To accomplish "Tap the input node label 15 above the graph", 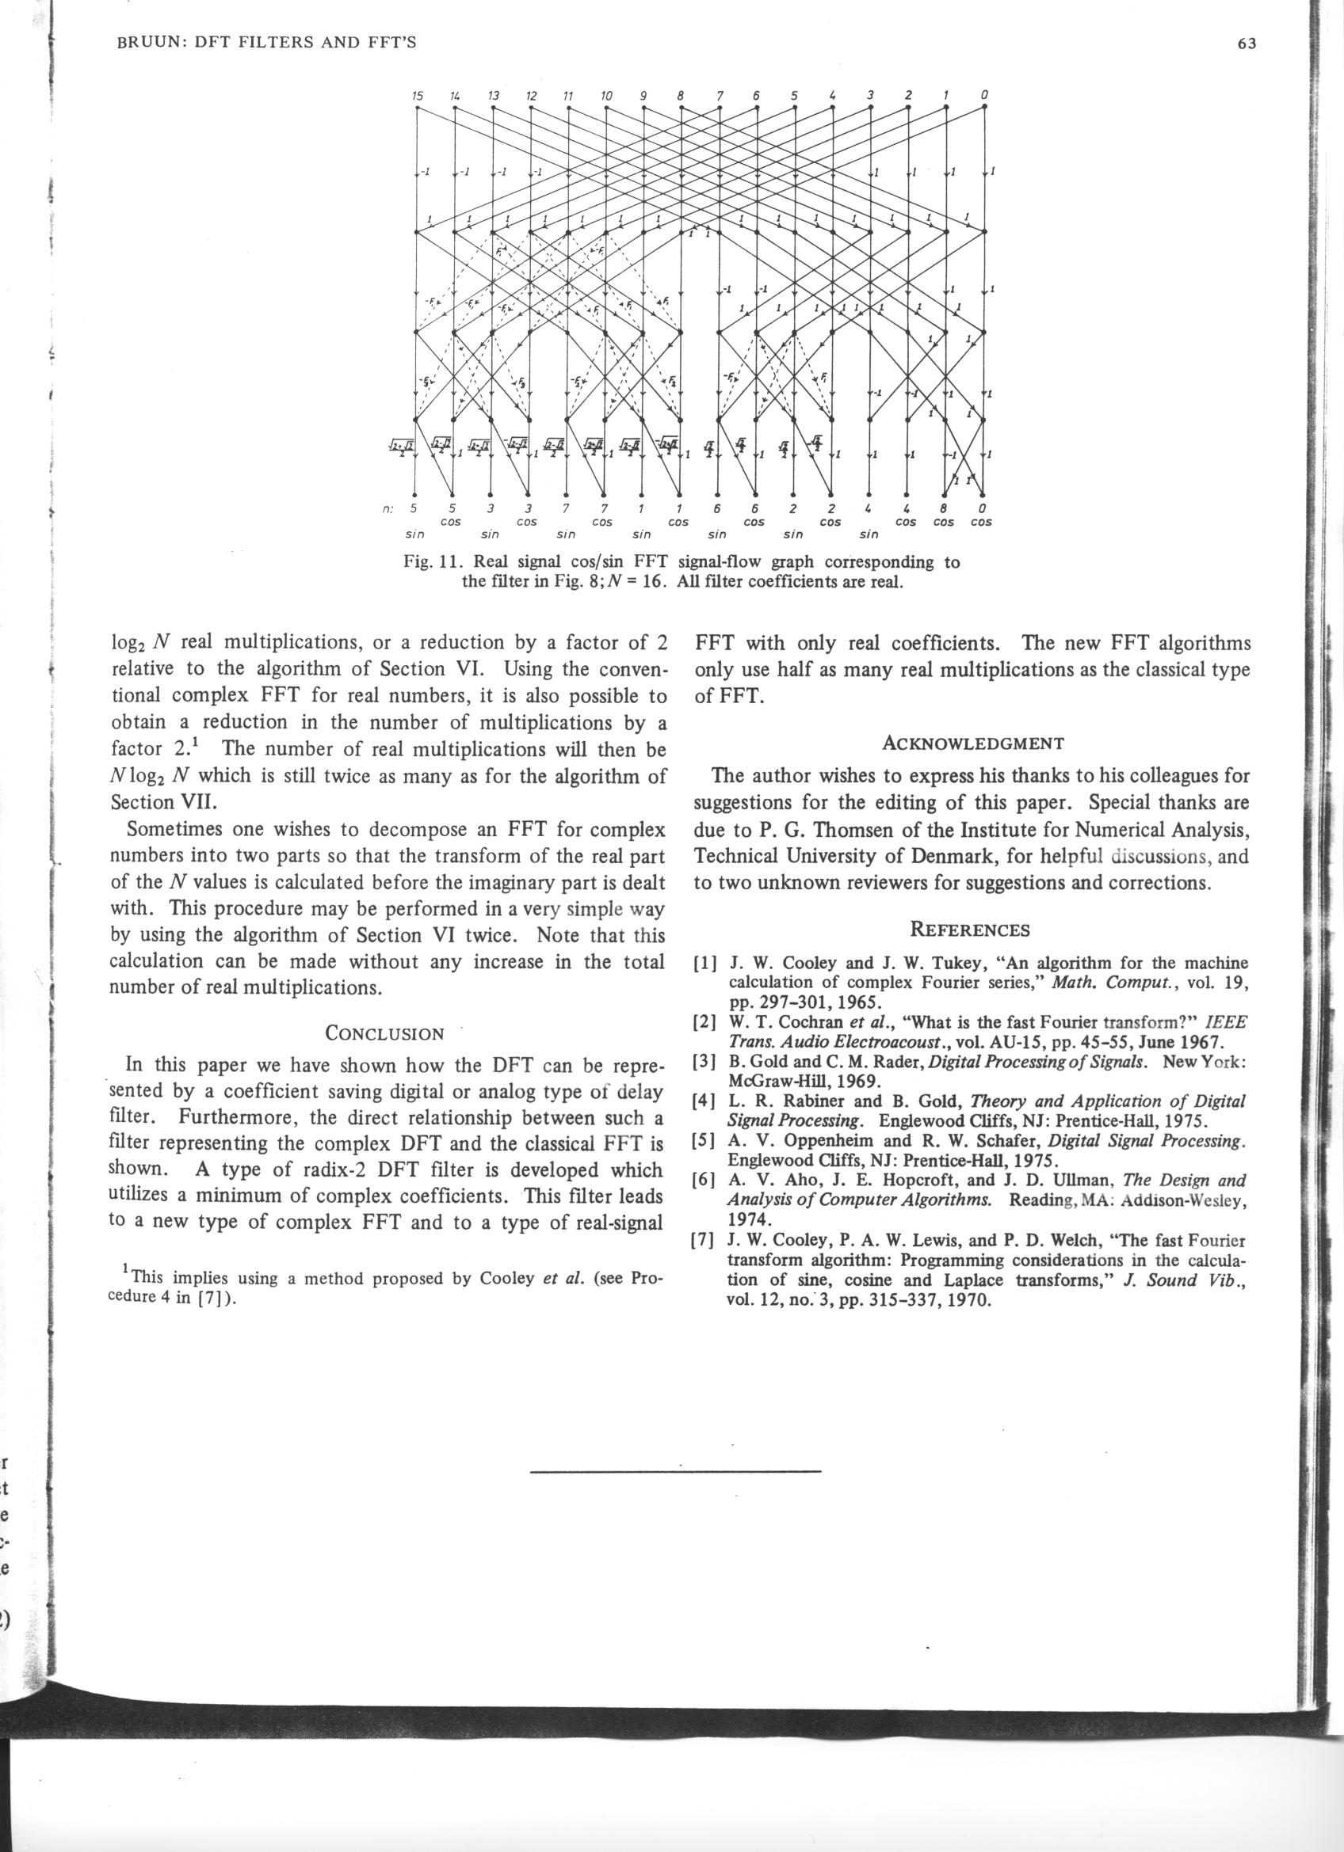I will coord(417,96).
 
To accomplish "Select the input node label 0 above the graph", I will coord(985,96).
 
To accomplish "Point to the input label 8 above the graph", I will coord(681,96).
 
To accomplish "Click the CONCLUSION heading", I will coord(385,1033).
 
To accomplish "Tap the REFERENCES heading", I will coord(971,930).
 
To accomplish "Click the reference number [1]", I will coord(705,964).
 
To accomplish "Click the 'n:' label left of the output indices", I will coord(389,508).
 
